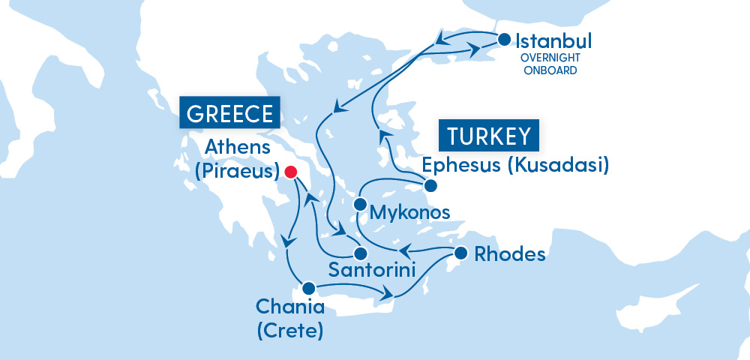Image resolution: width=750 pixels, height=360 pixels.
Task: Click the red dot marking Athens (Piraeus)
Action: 292,172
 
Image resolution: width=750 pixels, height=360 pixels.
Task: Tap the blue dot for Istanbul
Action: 504,38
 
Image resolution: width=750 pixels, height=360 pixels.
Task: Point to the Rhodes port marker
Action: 460,253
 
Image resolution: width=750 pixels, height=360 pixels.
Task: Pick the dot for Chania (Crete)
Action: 307,287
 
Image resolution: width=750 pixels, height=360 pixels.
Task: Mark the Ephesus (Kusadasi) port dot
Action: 430,186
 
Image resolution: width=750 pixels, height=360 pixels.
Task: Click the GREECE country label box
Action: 229,113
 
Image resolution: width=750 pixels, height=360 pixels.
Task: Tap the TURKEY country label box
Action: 490,136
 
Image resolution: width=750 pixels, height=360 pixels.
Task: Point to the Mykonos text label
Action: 411,212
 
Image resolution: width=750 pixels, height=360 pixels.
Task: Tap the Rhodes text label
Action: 509,254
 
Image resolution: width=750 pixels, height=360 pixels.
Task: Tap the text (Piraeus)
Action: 236,171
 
